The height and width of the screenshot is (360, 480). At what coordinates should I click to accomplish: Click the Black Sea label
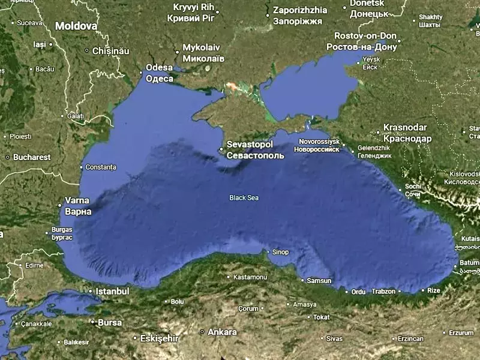(x=244, y=197)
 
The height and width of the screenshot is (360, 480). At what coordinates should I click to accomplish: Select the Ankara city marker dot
(x=202, y=332)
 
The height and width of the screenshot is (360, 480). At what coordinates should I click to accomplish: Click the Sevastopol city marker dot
(x=221, y=149)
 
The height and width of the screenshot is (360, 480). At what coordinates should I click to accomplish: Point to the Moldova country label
(x=76, y=26)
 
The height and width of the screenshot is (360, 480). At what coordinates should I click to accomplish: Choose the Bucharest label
(x=32, y=157)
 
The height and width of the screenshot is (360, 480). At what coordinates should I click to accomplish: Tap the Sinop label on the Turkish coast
(x=280, y=252)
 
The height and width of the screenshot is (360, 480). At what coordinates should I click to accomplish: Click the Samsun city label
(x=319, y=281)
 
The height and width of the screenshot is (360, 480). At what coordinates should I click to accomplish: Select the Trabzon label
(x=384, y=292)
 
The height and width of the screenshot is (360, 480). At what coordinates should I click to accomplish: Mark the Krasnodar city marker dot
(x=379, y=132)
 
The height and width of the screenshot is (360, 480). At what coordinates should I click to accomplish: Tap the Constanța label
(x=101, y=167)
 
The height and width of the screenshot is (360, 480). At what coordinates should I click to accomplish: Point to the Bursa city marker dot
(x=92, y=322)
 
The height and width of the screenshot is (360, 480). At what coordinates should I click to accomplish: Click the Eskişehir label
(x=159, y=338)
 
